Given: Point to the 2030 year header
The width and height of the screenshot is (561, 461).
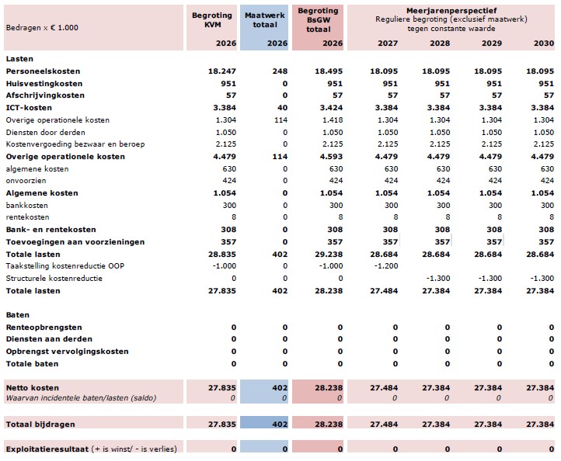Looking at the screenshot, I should [543, 43].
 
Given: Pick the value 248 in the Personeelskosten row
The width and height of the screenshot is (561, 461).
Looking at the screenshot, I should [280, 71].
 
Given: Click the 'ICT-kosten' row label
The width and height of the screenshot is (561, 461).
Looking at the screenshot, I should [25, 108].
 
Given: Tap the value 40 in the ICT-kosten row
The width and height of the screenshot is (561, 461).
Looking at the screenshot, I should [282, 108].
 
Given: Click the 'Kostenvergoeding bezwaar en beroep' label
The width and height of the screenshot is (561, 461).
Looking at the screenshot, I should [66, 144].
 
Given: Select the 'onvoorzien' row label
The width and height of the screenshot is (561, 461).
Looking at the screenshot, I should [23, 181].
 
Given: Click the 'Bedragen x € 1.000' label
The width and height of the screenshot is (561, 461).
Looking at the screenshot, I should [42, 27].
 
